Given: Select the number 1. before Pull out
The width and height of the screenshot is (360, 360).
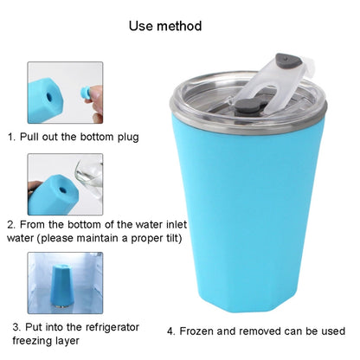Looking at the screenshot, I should [12, 137].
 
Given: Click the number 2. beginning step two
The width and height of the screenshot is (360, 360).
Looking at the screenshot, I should [12, 224].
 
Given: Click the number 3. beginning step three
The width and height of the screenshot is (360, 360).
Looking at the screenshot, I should [16, 327].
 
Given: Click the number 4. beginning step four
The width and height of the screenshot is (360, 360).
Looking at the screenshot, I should [171, 331].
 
